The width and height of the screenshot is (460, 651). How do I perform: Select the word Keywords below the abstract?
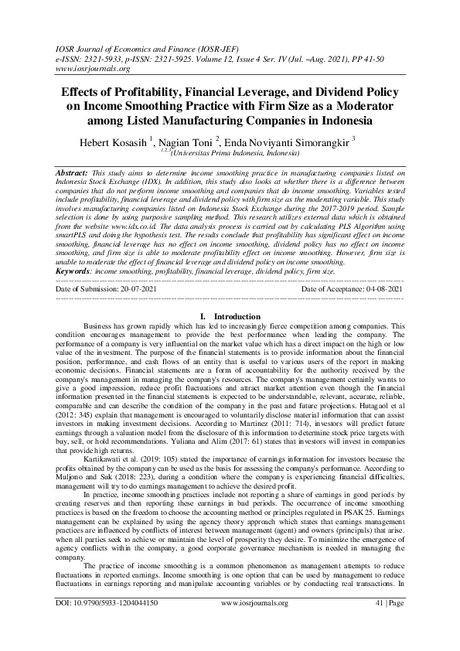(73, 271)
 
